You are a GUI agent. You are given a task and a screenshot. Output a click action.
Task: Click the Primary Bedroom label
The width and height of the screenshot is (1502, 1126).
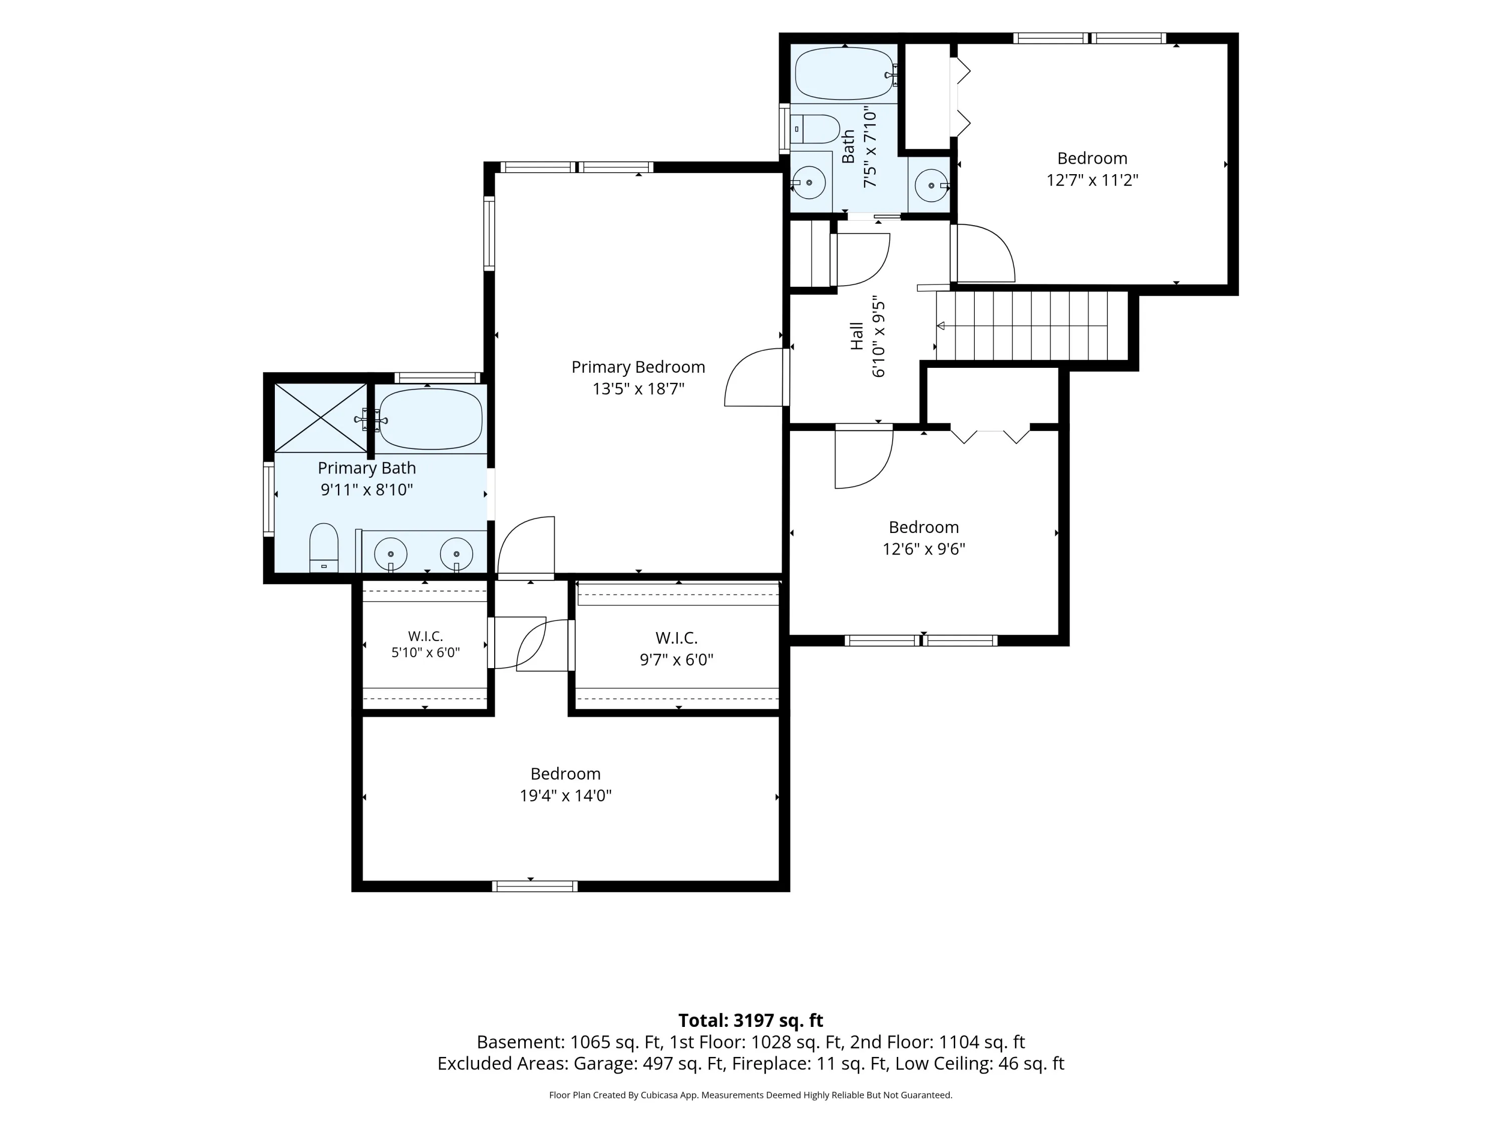638,367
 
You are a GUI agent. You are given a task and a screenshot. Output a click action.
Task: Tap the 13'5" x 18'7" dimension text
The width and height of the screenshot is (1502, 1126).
638,389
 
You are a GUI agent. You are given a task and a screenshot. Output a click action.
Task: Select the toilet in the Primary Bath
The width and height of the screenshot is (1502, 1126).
324,547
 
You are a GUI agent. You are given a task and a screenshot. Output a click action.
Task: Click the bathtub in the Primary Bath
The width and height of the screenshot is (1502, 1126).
431,419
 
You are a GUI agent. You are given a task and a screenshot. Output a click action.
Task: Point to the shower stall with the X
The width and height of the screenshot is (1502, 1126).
320,417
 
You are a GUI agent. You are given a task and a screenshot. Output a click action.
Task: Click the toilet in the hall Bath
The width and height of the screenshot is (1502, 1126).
816,129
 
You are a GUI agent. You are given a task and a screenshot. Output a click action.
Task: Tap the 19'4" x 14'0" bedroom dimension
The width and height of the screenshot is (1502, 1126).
566,796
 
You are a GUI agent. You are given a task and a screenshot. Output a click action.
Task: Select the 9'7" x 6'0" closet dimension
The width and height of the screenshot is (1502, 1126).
676,660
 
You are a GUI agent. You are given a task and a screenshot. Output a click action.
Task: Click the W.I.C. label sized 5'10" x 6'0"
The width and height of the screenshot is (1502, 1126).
426,637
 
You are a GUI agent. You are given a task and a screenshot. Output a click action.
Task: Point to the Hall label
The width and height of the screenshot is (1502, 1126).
857,336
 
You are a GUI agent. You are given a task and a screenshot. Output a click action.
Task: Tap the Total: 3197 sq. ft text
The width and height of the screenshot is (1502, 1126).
750,1021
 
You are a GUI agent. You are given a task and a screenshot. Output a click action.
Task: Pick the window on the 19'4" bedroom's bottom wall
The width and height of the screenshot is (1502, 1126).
534,886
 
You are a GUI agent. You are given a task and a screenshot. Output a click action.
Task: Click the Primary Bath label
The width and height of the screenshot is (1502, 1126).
366,468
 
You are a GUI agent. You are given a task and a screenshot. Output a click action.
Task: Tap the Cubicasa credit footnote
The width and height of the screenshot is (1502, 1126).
750,1095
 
